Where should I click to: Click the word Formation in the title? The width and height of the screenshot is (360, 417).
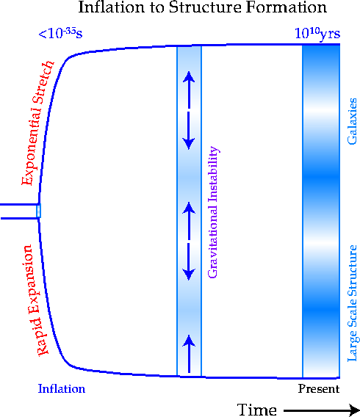[286, 7]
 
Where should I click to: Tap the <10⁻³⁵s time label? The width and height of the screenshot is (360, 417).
[60, 34]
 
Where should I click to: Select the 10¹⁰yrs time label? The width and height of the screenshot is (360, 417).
[317, 35]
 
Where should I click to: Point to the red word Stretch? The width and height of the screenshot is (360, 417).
[43, 82]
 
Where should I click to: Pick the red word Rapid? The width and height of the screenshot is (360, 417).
[43, 336]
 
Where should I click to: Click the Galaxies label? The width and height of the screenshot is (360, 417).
[352, 121]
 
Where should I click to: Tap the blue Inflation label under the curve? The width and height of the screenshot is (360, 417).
[62, 389]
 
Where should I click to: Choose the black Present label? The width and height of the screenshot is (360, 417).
[319, 389]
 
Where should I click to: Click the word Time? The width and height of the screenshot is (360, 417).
[256, 410]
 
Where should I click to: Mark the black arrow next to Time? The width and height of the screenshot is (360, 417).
[321, 410]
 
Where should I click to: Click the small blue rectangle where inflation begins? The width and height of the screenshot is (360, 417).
[39, 211]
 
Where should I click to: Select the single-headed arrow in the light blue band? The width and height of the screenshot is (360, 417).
[189, 354]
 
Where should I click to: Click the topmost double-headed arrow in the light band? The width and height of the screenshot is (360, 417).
[189, 110]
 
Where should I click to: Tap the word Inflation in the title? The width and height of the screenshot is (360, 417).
[112, 7]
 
